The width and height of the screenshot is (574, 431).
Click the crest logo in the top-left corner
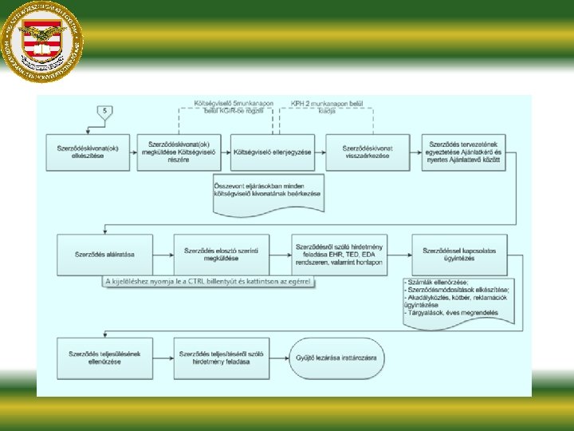pos(42,42)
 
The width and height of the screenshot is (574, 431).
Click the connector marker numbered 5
pos(105,112)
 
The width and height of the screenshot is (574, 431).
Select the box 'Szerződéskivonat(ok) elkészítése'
pos(88,152)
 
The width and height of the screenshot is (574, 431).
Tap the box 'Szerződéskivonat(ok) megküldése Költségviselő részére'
pos(179,152)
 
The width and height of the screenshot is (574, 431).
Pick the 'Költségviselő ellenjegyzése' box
pos(272,152)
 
